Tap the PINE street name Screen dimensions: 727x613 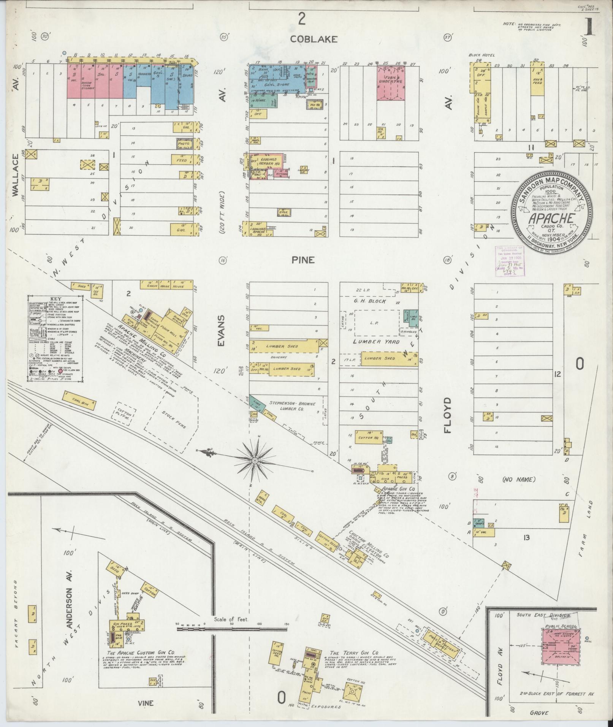(303, 260)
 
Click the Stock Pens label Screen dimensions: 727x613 (173, 420)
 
